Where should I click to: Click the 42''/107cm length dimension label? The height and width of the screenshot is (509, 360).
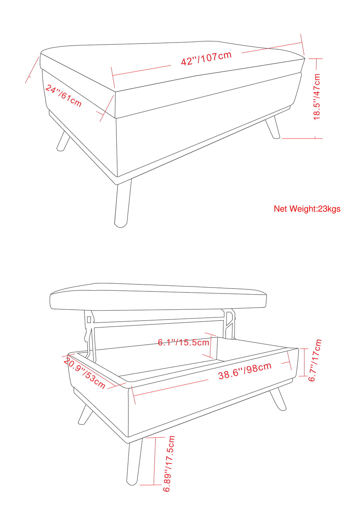[206, 58]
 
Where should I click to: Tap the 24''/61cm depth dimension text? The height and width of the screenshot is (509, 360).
[63, 96]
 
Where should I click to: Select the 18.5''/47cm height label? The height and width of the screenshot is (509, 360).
[317, 97]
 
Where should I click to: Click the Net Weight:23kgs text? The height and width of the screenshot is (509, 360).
[307, 209]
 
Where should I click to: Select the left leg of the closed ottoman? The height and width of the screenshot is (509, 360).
[63, 141]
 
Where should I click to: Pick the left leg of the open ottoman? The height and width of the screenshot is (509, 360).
[85, 413]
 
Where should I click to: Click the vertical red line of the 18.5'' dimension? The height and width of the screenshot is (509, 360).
[316, 98]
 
